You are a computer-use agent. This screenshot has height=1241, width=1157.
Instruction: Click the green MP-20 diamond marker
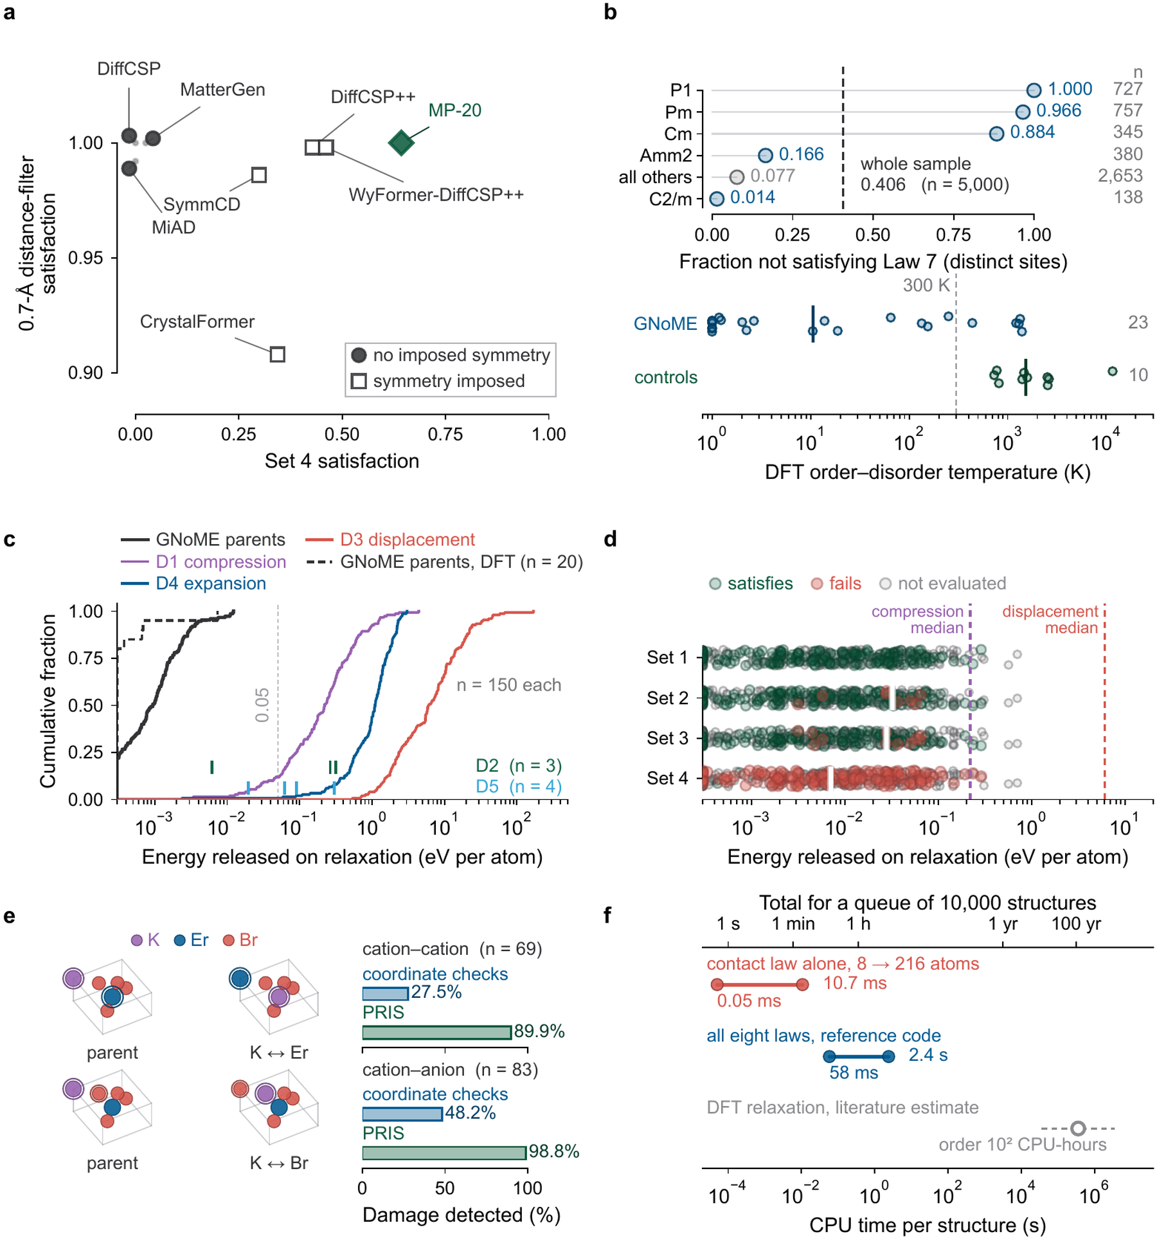(x=401, y=143)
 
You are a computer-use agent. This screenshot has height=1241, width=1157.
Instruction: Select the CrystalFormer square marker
(x=277, y=354)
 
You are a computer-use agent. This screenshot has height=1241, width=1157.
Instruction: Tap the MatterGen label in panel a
(x=222, y=89)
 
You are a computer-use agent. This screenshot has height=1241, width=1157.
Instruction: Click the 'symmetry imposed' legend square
(x=359, y=381)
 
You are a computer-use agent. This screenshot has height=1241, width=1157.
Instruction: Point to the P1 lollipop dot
(x=1034, y=91)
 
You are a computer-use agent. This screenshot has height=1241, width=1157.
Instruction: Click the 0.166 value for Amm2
(x=801, y=154)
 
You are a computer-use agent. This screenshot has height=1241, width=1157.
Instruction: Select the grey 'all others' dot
(x=737, y=177)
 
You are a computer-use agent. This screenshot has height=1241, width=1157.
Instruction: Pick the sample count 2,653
(x=1120, y=176)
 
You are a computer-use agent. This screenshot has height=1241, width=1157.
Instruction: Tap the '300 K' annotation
(x=926, y=285)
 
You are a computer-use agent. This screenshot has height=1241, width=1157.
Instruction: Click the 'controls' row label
(x=665, y=377)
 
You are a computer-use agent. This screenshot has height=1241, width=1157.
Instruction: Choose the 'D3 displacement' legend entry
(x=390, y=539)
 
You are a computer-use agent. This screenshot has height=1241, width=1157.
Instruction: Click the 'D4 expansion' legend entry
(x=193, y=583)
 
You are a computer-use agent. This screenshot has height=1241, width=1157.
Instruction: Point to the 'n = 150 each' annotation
(x=508, y=685)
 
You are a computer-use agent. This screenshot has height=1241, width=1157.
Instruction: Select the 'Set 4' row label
(x=667, y=778)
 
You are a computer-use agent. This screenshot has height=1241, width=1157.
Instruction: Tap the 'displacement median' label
(x=1050, y=619)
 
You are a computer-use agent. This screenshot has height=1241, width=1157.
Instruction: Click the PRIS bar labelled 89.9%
(x=437, y=1033)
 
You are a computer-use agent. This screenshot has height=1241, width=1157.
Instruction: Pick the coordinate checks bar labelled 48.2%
(x=402, y=1114)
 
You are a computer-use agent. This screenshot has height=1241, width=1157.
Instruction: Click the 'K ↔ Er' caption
(x=279, y=1053)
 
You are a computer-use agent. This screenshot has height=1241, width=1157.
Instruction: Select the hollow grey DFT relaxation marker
(x=1078, y=1128)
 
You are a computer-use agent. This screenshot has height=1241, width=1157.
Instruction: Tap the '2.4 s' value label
(x=928, y=1055)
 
